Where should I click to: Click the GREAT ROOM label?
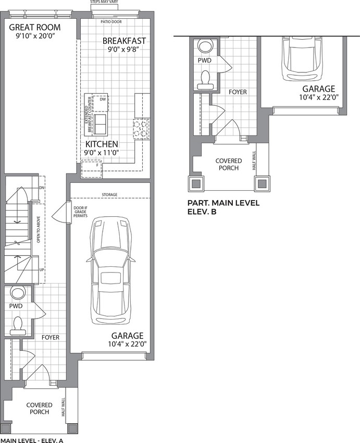pos(35,28)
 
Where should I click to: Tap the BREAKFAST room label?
pos(124,41)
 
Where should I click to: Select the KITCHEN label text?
pos(102,144)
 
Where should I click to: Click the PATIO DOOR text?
pos(111,22)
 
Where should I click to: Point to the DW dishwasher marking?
pos(103,99)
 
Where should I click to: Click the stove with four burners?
pos(141,129)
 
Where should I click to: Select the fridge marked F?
pos(92,169)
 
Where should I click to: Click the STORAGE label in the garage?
pos(109,195)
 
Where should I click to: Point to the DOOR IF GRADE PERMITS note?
pos(80,212)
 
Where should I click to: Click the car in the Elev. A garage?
pos(110,271)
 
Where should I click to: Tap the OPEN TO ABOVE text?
pos(39,229)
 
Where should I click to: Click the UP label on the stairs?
pos(42,270)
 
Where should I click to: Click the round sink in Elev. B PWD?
pos(205,45)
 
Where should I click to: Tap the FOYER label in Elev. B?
pos(238,92)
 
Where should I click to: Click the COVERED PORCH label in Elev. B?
pos(228,164)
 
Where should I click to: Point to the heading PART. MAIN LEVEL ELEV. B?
pos(224,207)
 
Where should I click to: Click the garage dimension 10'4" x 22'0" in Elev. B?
pos(319,97)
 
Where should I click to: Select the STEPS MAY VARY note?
pos(104,2)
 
